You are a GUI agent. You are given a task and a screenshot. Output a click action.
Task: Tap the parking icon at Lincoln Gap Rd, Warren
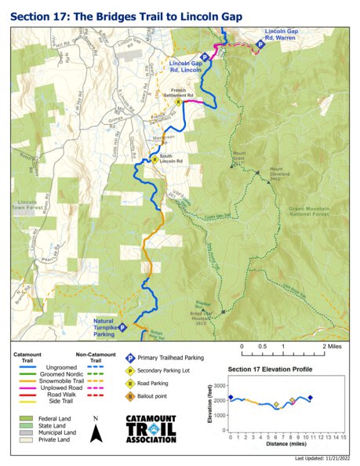(260, 45)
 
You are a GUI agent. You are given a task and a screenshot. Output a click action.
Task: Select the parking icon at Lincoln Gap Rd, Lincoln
(204, 56)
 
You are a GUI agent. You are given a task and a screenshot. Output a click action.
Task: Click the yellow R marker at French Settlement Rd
(179, 102)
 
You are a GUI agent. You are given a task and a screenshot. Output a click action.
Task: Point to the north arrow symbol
(96, 431)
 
